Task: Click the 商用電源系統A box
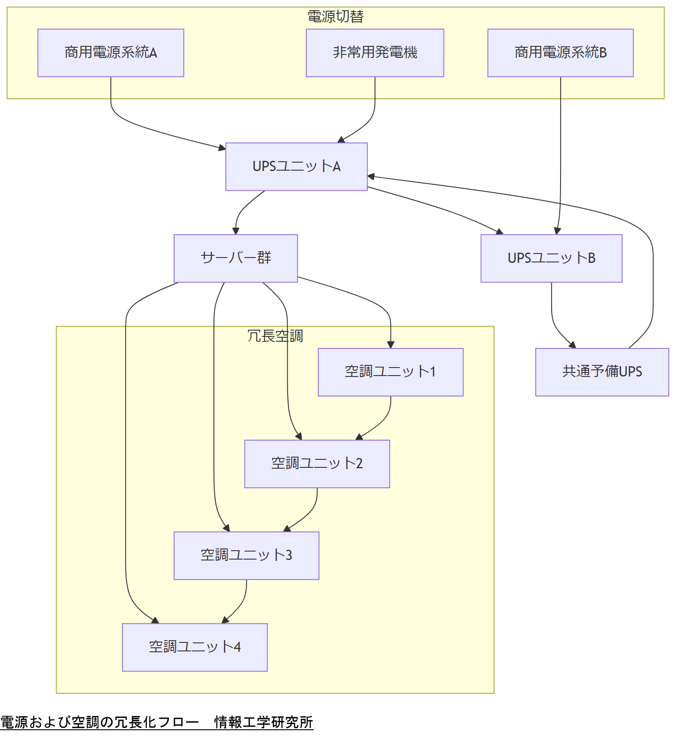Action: click(110, 53)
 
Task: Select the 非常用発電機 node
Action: click(374, 53)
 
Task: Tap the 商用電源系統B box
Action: click(560, 53)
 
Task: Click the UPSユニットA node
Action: click(296, 166)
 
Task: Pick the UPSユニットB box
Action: click(551, 258)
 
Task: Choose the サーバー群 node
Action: click(236, 258)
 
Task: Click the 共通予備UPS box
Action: click(602, 372)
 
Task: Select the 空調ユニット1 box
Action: click(390, 372)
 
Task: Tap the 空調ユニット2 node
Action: click(317, 463)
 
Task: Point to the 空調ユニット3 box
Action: click(246, 555)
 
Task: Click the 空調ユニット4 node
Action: click(195, 647)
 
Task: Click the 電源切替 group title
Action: click(335, 16)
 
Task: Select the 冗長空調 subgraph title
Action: click(275, 336)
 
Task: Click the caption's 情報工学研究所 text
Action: click(264, 722)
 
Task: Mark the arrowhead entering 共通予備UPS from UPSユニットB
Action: click(573, 345)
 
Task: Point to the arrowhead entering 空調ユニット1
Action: click(390, 345)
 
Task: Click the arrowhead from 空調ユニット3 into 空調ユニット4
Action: click(225, 620)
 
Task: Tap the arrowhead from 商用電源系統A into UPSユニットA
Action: click(222, 148)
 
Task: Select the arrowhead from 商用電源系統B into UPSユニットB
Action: click(557, 231)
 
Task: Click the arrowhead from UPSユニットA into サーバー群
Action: click(236, 231)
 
